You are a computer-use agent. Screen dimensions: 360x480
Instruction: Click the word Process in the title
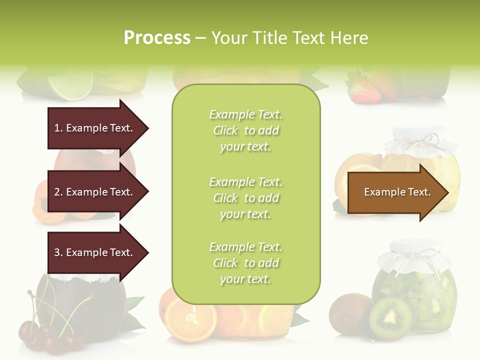pyautogui.click(x=157, y=38)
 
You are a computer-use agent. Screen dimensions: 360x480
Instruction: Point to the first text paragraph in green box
pyautogui.click(x=245, y=130)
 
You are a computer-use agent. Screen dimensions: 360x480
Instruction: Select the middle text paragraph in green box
pyautogui.click(x=245, y=197)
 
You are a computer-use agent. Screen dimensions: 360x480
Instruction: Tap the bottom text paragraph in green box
pyautogui.click(x=245, y=263)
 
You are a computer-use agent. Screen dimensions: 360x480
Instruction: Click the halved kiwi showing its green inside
pyautogui.click(x=390, y=318)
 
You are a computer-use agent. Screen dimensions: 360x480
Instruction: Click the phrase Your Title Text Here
pyautogui.click(x=289, y=38)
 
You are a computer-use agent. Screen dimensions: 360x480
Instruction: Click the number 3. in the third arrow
pyautogui.click(x=58, y=252)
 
